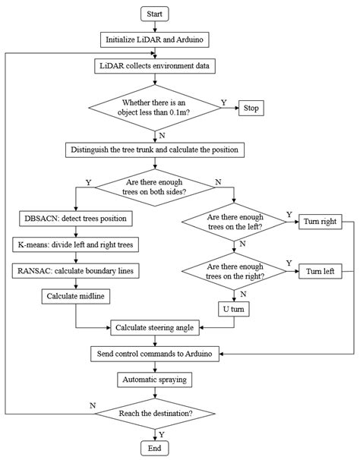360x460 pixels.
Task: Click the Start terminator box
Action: pos(155,14)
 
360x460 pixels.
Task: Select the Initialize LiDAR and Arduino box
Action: pos(155,39)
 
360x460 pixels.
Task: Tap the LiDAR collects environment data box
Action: pos(155,65)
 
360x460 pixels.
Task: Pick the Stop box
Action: pos(251,108)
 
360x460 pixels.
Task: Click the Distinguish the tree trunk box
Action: pos(155,150)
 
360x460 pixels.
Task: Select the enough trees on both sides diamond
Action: pos(155,187)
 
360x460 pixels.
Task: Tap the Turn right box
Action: pos(320,222)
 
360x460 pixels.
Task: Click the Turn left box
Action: pos(320,271)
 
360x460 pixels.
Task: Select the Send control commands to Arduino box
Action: pos(155,354)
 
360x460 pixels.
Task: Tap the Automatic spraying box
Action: pos(155,379)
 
